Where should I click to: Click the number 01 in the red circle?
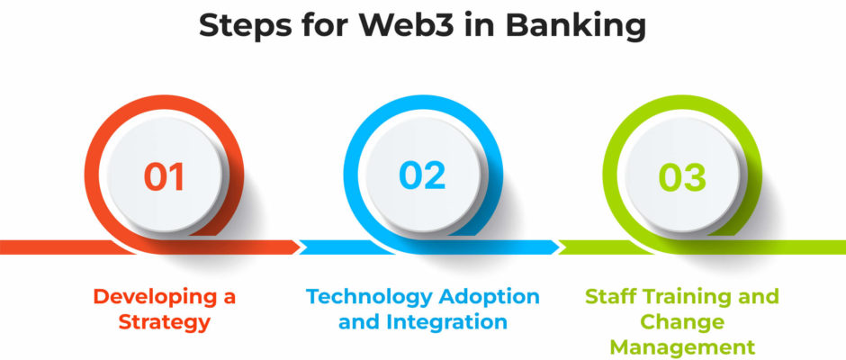click(x=164, y=176)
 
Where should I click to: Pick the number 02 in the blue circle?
click(x=422, y=175)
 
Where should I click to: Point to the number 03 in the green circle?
click(x=682, y=177)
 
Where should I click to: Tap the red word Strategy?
click(x=164, y=323)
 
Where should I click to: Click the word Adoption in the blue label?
click(x=490, y=297)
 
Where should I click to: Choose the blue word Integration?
click(x=446, y=322)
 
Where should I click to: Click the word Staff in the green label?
click(x=607, y=296)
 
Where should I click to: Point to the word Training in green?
click(x=682, y=297)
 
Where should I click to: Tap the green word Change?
click(x=682, y=323)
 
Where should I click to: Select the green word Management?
click(x=682, y=347)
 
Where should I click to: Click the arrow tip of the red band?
click(x=300, y=247)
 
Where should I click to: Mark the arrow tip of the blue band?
click(x=560, y=247)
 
